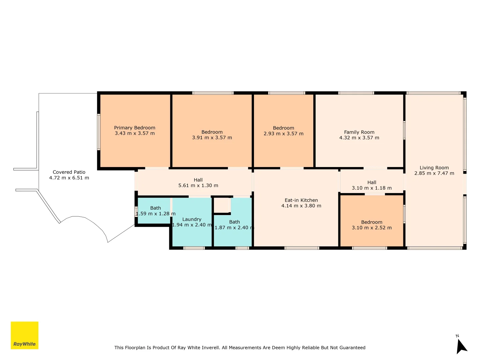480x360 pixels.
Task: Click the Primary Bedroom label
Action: (x=134, y=128)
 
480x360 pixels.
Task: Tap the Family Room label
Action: (x=359, y=132)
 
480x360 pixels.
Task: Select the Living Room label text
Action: (x=434, y=168)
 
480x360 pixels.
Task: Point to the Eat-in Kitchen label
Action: (x=301, y=200)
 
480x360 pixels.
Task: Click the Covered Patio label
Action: (x=69, y=172)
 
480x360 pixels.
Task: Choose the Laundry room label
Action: (x=192, y=219)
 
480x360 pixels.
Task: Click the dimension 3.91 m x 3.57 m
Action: (x=212, y=137)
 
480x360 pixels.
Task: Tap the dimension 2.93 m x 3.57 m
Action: (x=283, y=134)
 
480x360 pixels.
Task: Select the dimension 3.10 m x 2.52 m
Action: (x=372, y=228)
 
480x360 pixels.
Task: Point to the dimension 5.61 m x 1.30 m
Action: (x=198, y=185)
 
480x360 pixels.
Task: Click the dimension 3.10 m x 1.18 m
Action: (x=372, y=188)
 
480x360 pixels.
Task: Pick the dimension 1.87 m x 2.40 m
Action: (x=234, y=228)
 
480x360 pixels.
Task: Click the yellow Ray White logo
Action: (x=24, y=335)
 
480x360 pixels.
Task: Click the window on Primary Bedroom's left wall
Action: (x=99, y=132)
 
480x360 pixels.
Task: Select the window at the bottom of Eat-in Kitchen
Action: (x=302, y=248)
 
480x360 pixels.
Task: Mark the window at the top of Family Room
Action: (x=356, y=93)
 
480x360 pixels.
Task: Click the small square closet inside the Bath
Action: (x=221, y=205)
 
